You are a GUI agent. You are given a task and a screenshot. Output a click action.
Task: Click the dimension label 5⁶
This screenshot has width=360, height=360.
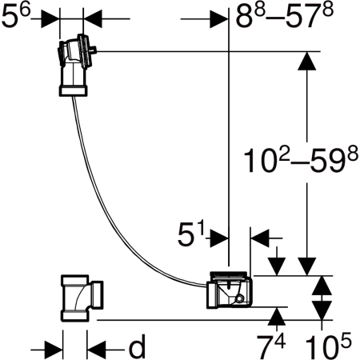16,16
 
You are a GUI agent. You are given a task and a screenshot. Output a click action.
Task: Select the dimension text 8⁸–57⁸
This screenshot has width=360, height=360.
285,16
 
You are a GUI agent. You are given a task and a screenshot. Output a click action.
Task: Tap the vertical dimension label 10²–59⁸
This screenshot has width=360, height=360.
301,162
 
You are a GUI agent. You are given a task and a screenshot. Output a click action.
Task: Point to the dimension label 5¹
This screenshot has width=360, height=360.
191,234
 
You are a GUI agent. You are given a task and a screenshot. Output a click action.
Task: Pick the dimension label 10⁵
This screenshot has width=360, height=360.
329,346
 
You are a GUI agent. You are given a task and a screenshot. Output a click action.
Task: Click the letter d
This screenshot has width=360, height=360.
137,346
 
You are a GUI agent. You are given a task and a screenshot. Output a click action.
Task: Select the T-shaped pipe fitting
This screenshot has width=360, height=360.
82,298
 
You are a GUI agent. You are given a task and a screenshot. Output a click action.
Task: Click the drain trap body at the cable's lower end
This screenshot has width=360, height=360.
229,290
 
